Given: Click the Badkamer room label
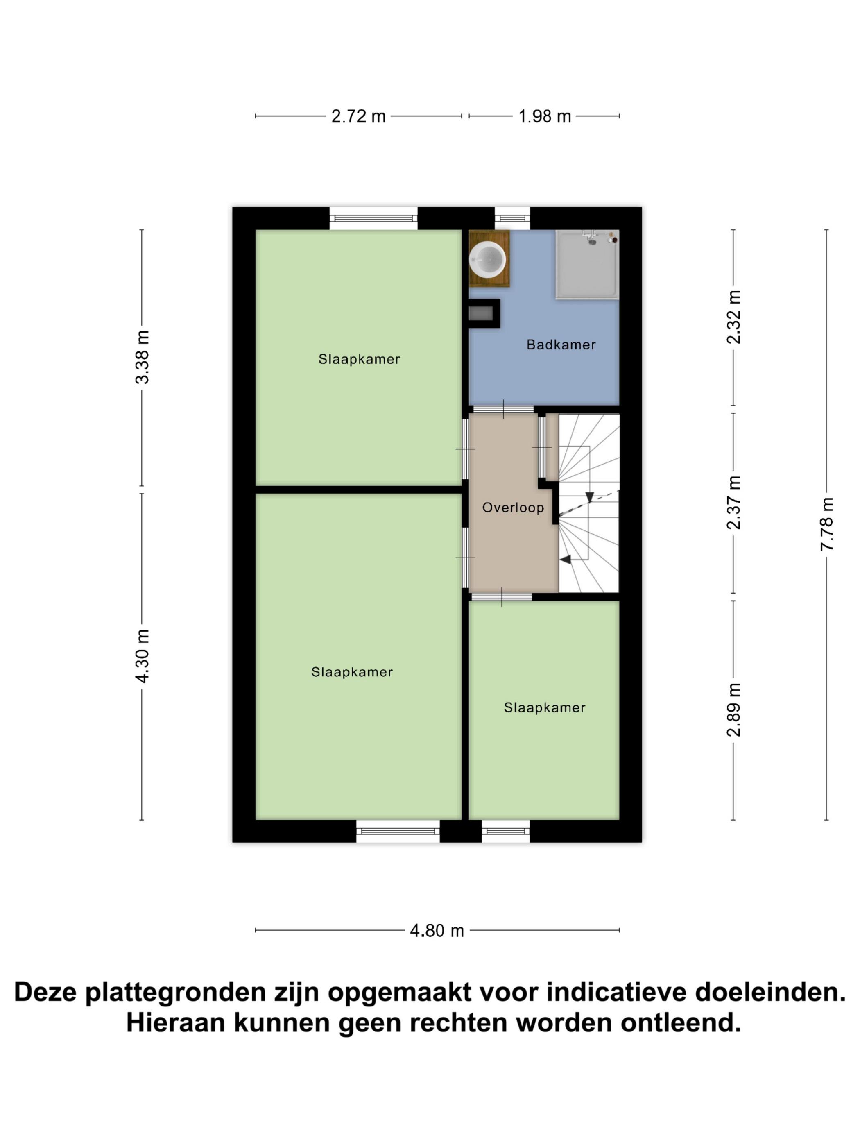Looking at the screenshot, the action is click(x=561, y=345).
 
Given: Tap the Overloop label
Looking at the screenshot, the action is click(x=513, y=507).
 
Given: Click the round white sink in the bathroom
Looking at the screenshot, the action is click(x=487, y=259).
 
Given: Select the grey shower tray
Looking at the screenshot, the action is click(x=587, y=265).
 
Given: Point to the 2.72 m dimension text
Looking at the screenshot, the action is click(x=359, y=116).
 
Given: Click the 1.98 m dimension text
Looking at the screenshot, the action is click(x=545, y=116).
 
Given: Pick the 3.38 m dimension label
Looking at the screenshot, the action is click(x=142, y=357).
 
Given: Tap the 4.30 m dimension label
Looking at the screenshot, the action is click(x=142, y=656).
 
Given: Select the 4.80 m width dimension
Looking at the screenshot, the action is click(x=437, y=931).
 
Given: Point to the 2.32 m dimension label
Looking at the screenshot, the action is click(x=733, y=317).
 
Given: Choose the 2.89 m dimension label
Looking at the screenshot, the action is click(x=733, y=710).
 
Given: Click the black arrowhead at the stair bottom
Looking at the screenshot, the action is click(x=566, y=559).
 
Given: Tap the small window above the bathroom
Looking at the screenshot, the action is click(x=512, y=218).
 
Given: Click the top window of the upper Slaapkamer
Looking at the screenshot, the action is click(x=373, y=218).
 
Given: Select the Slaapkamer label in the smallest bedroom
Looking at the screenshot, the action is click(x=545, y=707).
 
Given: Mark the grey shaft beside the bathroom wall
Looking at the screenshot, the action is click(x=481, y=313).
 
